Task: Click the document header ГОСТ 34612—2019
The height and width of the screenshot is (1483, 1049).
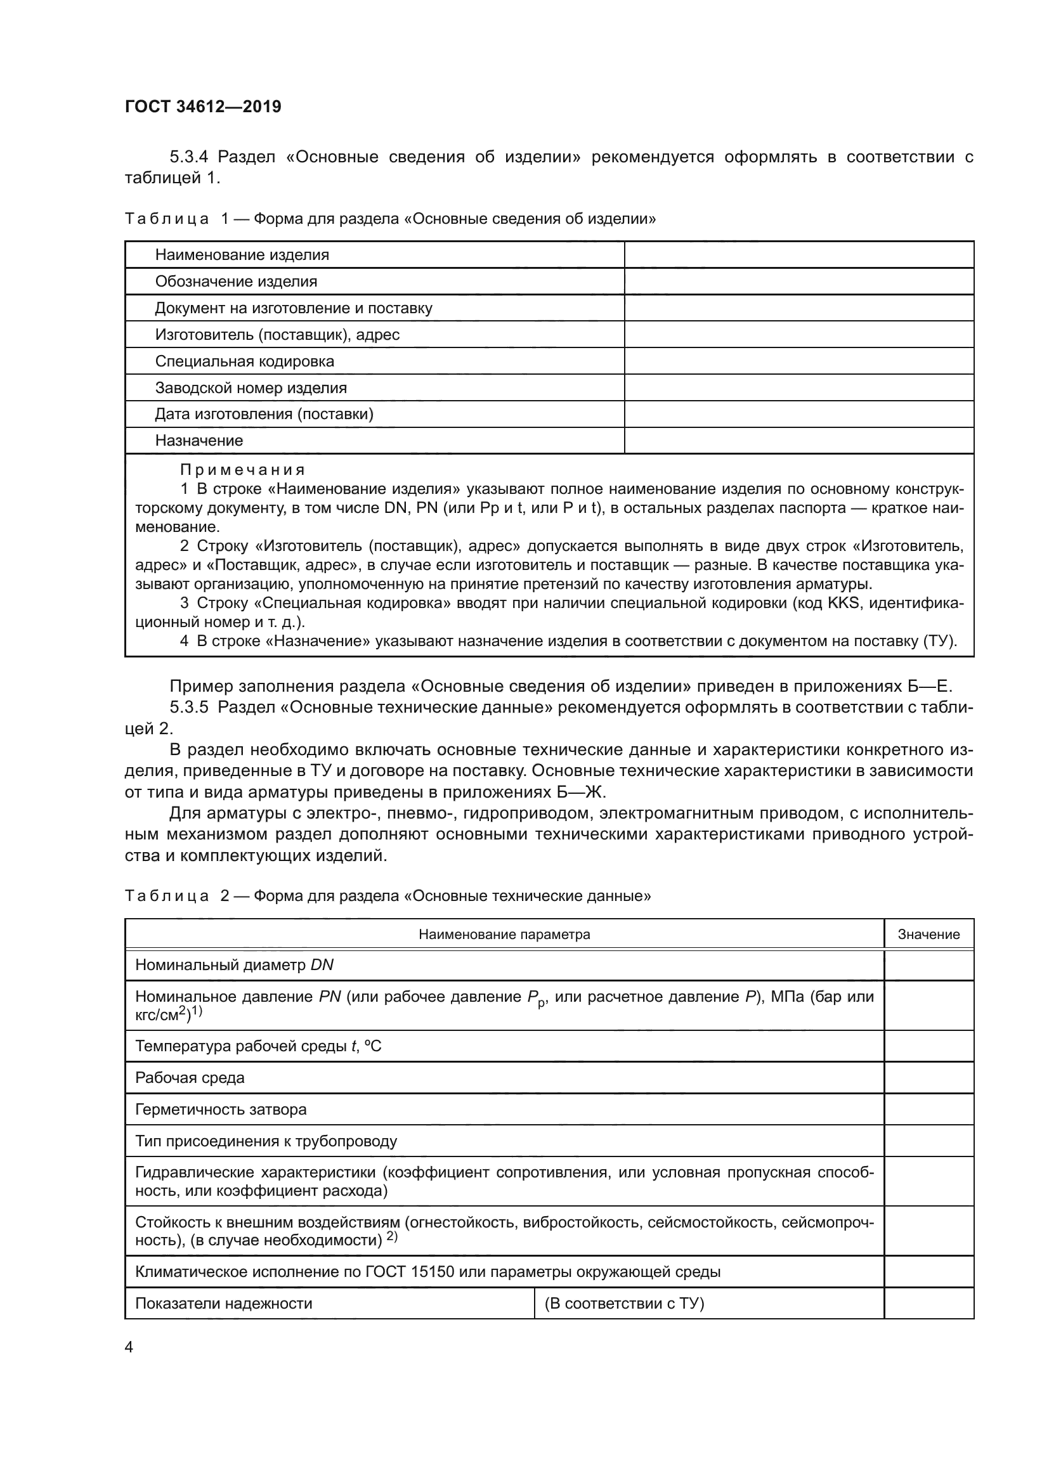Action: pos(203,107)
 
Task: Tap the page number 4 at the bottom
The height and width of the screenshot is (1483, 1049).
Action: pos(129,1347)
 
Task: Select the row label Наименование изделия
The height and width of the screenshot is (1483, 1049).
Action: pos(242,255)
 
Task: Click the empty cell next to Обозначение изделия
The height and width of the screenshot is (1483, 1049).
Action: pos(798,282)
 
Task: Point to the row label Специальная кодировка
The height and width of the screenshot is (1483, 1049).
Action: pos(244,361)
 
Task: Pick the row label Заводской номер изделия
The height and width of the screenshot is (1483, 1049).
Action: pos(251,388)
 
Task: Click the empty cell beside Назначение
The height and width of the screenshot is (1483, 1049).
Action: pos(798,441)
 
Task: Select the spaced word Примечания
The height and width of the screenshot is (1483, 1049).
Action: pos(242,470)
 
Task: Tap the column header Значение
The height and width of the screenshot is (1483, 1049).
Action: pos(928,935)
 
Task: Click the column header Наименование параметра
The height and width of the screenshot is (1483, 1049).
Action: pos(504,935)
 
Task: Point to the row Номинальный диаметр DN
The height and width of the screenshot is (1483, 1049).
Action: pos(234,965)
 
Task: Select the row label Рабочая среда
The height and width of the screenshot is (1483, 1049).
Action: pos(189,1077)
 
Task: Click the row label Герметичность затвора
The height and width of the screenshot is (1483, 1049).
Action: pos(220,1109)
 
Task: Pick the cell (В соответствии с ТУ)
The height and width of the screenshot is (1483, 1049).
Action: pos(624,1303)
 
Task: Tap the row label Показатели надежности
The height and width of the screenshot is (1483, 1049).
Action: pos(223,1303)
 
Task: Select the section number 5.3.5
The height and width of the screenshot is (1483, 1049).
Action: pos(188,708)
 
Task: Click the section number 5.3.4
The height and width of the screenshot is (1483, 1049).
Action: pos(188,157)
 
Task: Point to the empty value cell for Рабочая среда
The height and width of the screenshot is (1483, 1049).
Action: pos(928,1077)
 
